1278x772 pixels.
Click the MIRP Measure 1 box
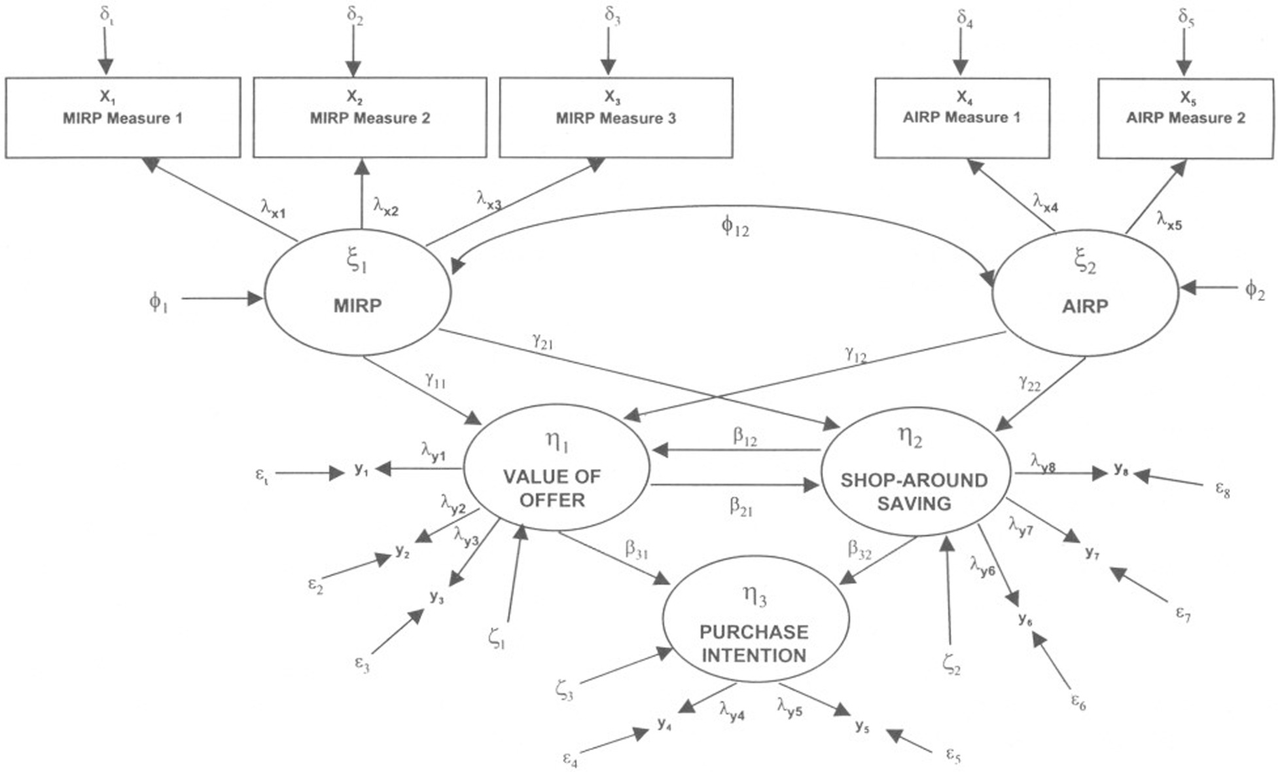point(123,117)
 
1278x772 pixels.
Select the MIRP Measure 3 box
point(616,117)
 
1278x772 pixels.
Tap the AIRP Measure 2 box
point(1186,118)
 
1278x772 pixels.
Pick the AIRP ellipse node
point(1086,293)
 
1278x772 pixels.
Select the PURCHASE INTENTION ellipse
point(755,619)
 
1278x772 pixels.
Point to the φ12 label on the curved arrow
point(735,227)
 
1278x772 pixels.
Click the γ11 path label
point(435,379)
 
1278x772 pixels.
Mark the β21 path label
point(741,507)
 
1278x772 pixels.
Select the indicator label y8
point(1121,469)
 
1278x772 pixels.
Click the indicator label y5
point(862,726)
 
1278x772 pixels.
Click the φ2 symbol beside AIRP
point(1254,289)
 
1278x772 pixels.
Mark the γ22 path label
point(1029,383)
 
